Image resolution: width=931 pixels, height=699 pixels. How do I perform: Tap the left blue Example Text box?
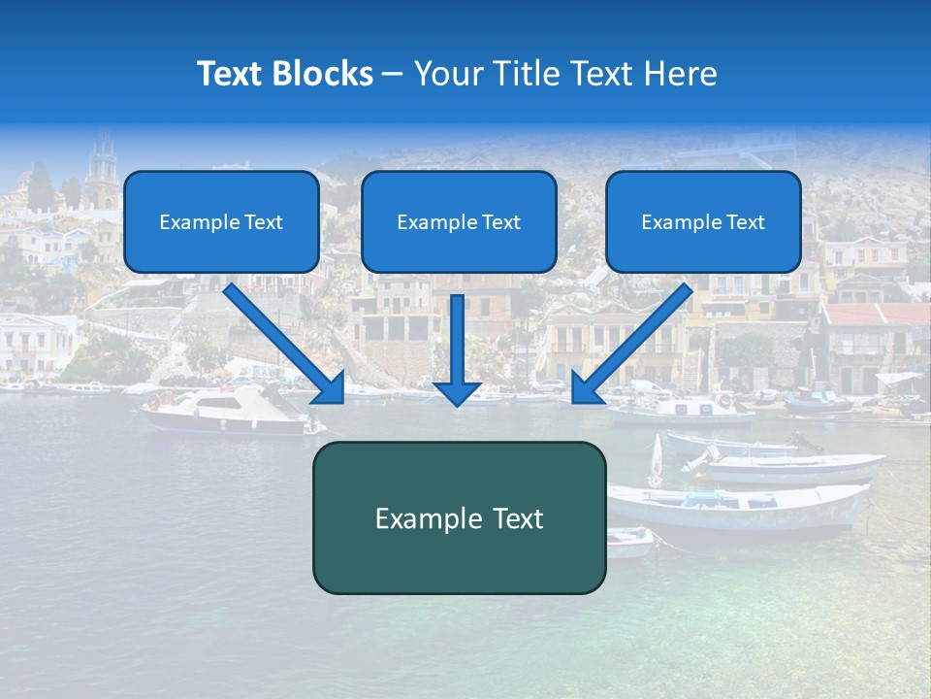pyautogui.click(x=221, y=221)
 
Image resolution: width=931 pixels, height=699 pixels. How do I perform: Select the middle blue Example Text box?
pyautogui.click(x=459, y=221)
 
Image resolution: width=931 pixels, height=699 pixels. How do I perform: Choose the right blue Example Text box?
pyautogui.click(x=703, y=221)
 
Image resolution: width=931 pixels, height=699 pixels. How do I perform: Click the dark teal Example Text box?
pyautogui.click(x=459, y=517)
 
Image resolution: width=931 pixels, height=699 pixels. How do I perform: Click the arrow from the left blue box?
pyautogui.click(x=281, y=340)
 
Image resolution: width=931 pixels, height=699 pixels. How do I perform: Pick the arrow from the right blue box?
pyautogui.click(x=635, y=340)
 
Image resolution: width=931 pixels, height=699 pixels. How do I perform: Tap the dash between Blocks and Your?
pyautogui.click(x=393, y=74)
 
